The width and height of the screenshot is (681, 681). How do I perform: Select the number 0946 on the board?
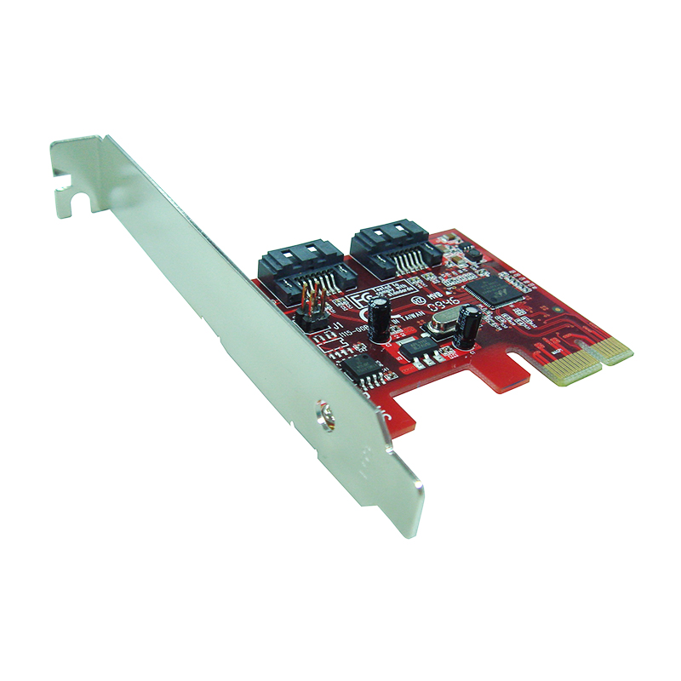[444, 300]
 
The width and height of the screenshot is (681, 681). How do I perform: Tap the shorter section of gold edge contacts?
[615, 346]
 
